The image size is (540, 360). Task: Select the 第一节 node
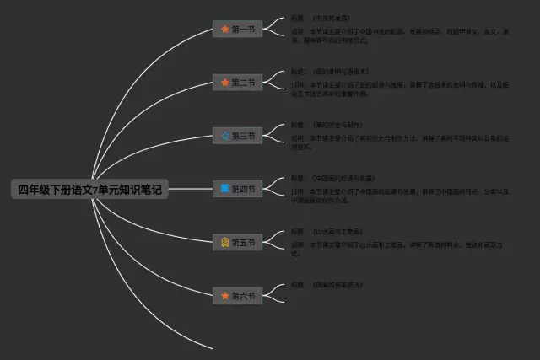237,30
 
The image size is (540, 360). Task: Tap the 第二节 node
237,83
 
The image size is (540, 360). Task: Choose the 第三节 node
237,136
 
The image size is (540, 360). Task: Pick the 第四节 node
237,189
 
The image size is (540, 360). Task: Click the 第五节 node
237,243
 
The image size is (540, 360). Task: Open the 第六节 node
237,296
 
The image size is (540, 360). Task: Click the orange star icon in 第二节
224,83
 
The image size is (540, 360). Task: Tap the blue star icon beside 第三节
224,136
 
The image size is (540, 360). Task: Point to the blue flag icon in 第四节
224,189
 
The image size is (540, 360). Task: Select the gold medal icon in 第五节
224,243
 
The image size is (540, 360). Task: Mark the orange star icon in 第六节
224,296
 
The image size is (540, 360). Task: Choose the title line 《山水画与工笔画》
337,231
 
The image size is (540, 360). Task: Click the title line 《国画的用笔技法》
337,285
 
